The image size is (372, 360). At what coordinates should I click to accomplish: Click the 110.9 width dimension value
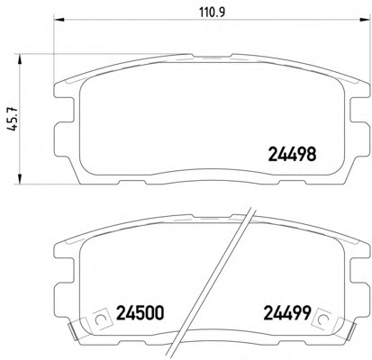point(212,13)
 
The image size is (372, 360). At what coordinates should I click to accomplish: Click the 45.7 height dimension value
point(13,120)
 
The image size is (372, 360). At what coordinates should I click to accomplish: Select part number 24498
point(292,154)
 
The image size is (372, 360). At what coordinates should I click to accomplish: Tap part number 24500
point(141,313)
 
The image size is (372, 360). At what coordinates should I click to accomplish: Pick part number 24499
point(286,313)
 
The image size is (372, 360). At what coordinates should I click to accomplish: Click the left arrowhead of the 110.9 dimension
point(59,20)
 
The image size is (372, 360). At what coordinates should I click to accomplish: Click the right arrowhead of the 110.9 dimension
point(364,20)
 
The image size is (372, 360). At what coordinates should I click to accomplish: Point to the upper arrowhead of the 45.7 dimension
point(20,59)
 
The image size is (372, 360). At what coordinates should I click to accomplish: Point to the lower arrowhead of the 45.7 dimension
point(20,178)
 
